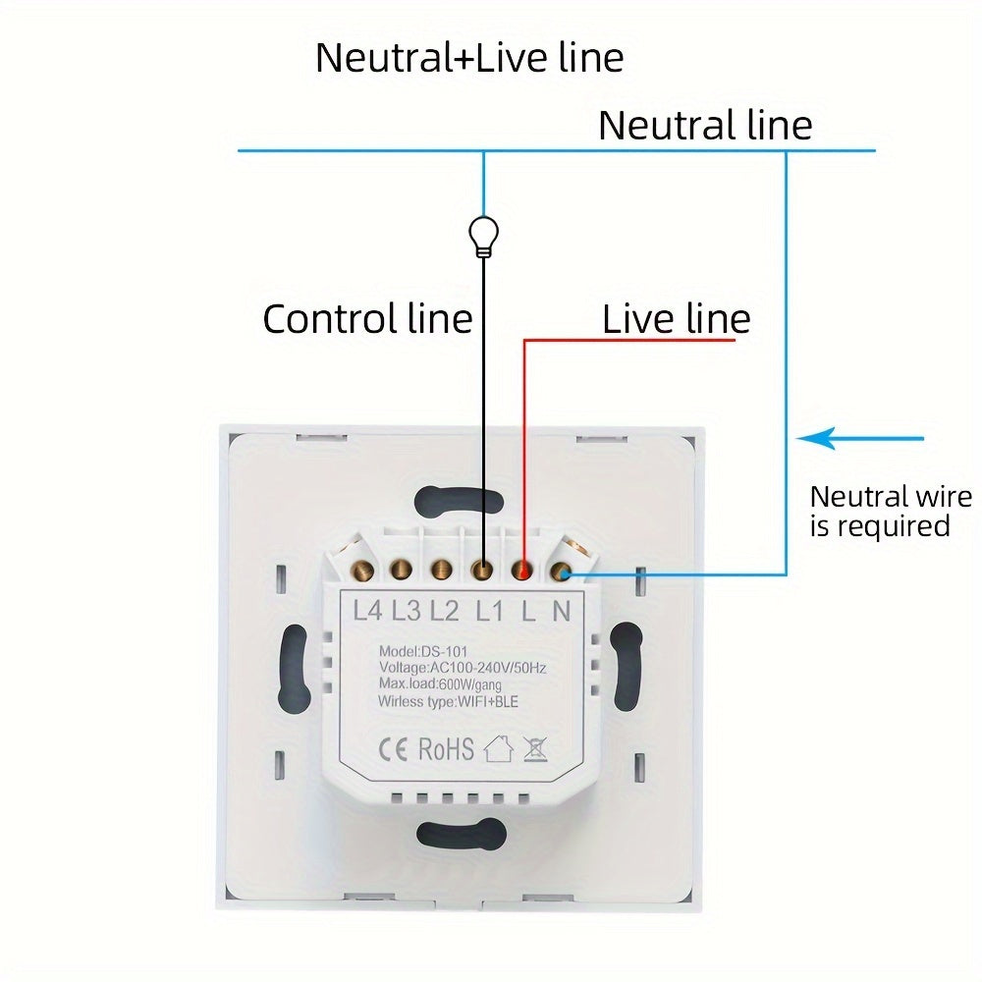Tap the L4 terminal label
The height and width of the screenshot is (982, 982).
pos(366,611)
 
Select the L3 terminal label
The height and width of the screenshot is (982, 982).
pos(406,611)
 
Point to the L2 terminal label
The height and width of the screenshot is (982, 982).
pos(444,611)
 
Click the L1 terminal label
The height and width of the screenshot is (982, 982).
pos(488,611)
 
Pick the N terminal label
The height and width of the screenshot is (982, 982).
pos(561,611)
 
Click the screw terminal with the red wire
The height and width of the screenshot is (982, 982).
pos(522,570)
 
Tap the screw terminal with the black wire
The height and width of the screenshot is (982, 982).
pos(482,569)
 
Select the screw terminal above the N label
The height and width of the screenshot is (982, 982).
pos(562,569)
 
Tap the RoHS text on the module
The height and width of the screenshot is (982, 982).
pos(446,749)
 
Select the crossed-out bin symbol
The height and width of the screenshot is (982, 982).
pos(535,749)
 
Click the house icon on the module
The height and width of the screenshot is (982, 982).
pos(499,749)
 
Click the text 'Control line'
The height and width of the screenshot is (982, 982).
pos(367,319)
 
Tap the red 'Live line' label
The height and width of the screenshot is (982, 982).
pos(676,319)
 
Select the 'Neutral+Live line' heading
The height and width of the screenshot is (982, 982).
pos(468,58)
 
